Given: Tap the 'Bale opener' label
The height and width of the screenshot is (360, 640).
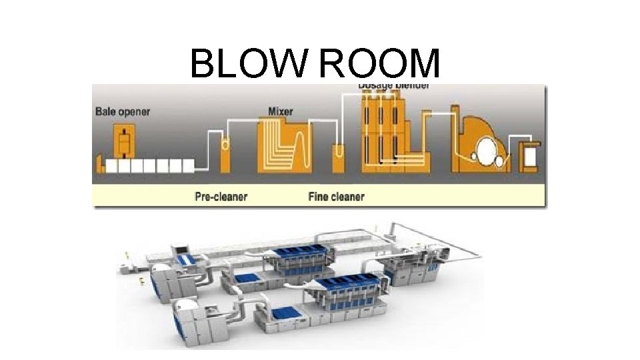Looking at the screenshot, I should [x=123, y=111].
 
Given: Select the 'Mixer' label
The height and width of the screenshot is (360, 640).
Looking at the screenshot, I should [x=280, y=111].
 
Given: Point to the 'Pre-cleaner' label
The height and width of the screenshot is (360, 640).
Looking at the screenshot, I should [x=221, y=197].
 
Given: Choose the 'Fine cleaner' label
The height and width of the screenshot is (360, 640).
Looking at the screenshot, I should [x=336, y=197].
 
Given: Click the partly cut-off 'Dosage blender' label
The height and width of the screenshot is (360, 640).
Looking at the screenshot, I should [x=393, y=86].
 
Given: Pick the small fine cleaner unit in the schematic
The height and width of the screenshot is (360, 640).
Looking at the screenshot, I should [x=339, y=157].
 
